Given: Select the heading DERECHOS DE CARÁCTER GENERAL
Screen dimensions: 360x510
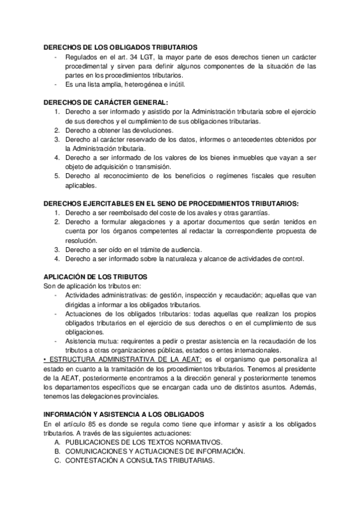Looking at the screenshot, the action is click(106, 102).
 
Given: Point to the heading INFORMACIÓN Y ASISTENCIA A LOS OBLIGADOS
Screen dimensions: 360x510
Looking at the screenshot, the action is click(124, 414).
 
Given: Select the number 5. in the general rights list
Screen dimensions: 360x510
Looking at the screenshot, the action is click(57, 176).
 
